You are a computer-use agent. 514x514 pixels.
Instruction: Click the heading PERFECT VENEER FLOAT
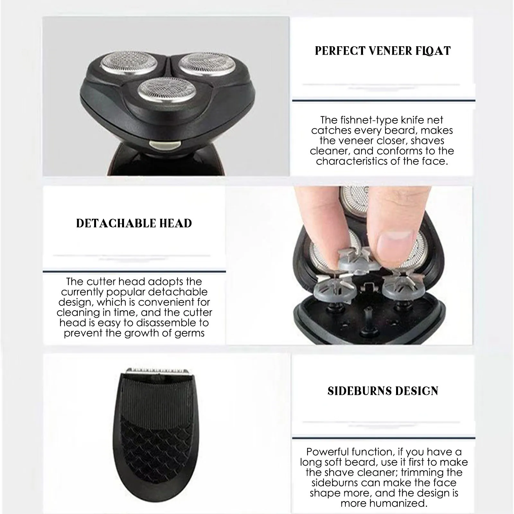[383, 51]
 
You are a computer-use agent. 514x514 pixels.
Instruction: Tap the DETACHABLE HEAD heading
[134, 223]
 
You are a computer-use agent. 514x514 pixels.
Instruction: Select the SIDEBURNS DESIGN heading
[383, 391]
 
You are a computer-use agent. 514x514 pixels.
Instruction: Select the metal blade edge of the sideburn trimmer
[157, 371]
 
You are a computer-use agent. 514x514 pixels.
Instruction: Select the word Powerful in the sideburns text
[327, 452]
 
